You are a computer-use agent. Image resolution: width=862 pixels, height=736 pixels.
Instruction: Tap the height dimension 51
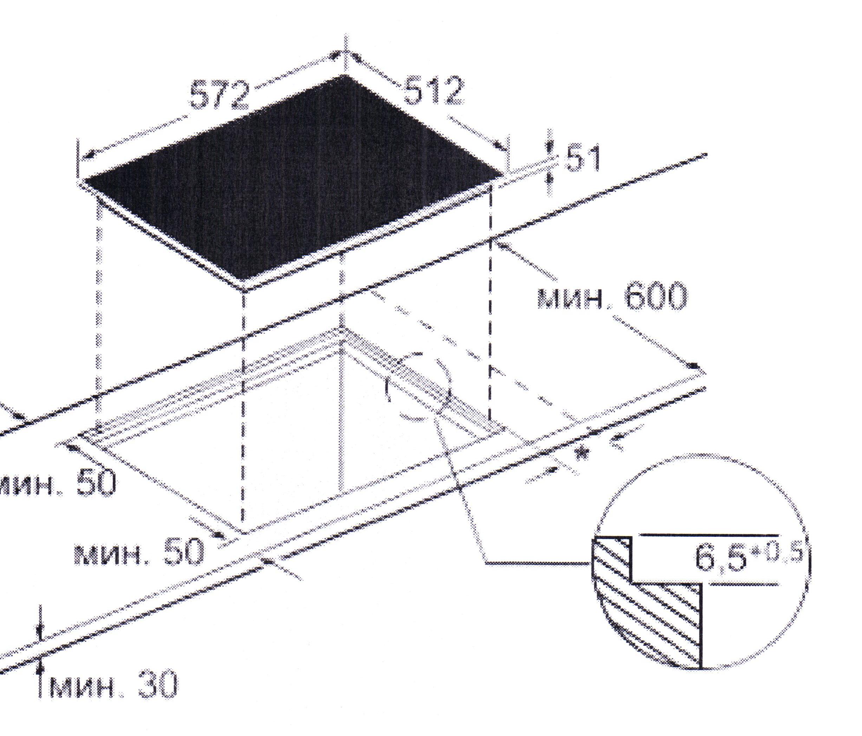(582, 158)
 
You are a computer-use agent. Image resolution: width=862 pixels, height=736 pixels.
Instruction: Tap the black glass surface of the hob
(291, 179)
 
